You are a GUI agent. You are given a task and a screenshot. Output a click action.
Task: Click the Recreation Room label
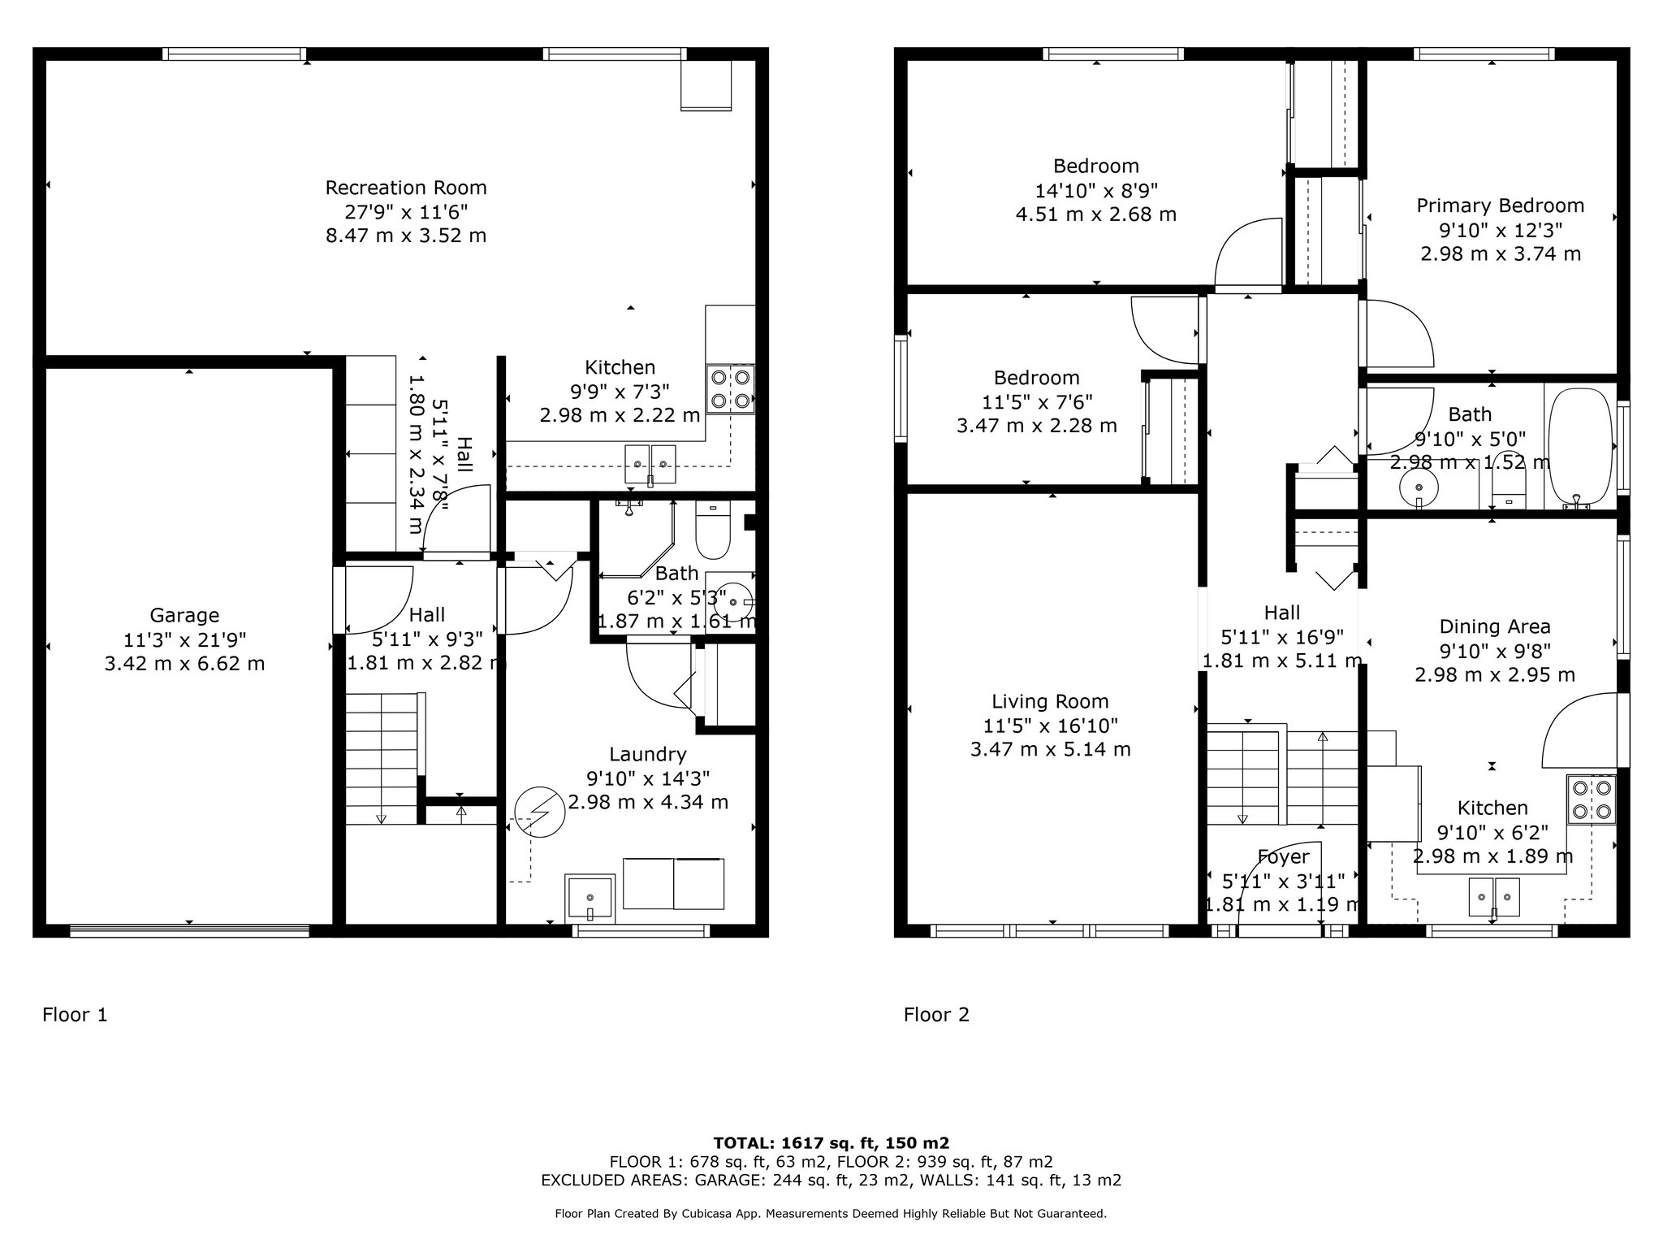point(406,188)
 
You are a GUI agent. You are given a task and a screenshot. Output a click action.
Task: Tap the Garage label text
point(184,616)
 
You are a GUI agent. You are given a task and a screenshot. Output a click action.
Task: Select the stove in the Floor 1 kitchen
point(731,389)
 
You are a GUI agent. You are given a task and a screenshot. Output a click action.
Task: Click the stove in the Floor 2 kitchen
point(1592,799)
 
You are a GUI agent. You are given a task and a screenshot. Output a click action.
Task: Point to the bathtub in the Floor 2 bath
point(1579,448)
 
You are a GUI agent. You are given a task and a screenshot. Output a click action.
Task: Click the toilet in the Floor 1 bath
point(714,531)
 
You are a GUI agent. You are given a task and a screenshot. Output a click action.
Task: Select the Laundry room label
point(647,755)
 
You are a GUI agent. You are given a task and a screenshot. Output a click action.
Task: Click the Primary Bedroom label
point(1501,206)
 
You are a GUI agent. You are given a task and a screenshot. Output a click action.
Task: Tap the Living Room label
point(1050,701)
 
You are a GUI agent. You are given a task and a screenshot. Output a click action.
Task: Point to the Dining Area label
point(1495,626)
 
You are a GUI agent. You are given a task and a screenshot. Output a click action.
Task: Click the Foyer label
point(1283,856)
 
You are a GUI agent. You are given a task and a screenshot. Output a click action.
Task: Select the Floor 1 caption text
point(75,1015)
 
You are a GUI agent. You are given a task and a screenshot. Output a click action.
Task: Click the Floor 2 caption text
point(936,1015)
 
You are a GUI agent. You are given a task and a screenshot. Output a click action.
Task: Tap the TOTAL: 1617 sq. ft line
point(831,1143)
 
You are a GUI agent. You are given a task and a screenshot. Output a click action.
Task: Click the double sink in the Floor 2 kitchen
point(1494,897)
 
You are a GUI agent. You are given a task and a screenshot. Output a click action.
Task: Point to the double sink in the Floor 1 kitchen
point(650,464)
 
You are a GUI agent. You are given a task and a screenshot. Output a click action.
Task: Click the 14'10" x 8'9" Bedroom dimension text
point(1096,190)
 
